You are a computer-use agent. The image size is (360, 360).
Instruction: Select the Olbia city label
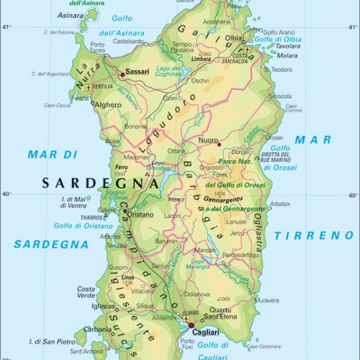click(234, 39)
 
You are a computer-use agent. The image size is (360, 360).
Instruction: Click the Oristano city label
click(141, 215)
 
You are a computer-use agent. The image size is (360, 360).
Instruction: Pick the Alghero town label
click(108, 105)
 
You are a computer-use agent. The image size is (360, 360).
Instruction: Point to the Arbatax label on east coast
click(279, 203)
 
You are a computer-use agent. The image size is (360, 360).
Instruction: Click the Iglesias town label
click(85, 307)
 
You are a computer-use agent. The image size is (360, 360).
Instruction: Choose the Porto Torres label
click(97, 47)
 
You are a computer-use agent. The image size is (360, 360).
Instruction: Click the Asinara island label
click(71, 15)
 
